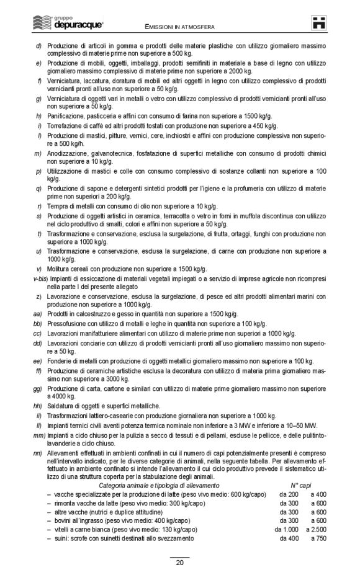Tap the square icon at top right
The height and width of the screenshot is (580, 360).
(320, 22)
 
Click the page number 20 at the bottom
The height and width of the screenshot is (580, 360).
(179, 563)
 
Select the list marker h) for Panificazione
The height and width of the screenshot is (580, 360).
(38, 116)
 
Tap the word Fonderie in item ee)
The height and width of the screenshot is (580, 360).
(60, 360)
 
